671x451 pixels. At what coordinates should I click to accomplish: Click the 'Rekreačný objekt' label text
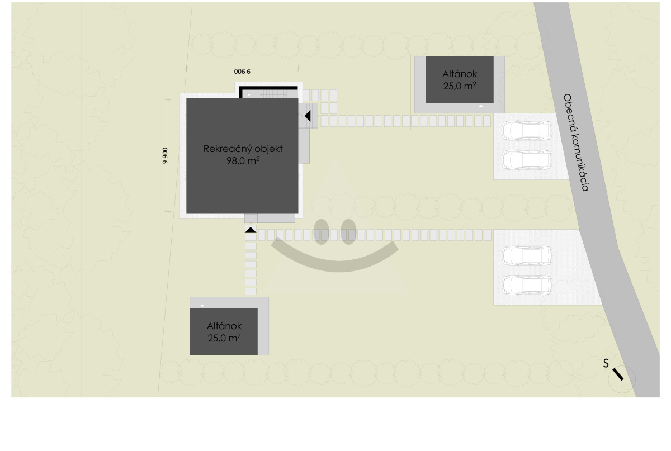pyautogui.click(x=243, y=149)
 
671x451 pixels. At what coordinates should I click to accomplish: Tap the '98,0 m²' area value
pyautogui.click(x=243, y=161)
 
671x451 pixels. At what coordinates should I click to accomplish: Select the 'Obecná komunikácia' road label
pyautogui.click(x=575, y=143)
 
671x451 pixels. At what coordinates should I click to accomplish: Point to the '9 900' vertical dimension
pyautogui.click(x=165, y=156)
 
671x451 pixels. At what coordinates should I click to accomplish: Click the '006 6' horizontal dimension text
pyautogui.click(x=242, y=72)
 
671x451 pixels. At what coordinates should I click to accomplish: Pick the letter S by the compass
pyautogui.click(x=606, y=363)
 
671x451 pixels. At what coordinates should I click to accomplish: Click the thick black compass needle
pyautogui.click(x=618, y=374)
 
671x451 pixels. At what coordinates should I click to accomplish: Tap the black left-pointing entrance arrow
pyautogui.click(x=308, y=116)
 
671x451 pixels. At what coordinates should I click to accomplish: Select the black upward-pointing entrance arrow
pyautogui.click(x=251, y=230)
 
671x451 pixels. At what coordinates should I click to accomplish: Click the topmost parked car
pyautogui.click(x=527, y=131)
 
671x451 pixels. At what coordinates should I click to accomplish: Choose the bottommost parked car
pyautogui.click(x=527, y=285)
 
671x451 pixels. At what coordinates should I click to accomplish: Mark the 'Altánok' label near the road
pyautogui.click(x=460, y=74)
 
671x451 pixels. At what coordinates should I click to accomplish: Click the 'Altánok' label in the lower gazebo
pyautogui.click(x=224, y=326)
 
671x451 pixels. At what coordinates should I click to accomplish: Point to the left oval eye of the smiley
pyautogui.click(x=321, y=232)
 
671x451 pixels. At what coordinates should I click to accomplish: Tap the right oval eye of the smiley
pyautogui.click(x=348, y=232)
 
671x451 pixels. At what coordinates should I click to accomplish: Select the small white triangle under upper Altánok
pyautogui.click(x=481, y=106)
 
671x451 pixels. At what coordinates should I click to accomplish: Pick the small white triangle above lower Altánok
pyautogui.click(x=202, y=306)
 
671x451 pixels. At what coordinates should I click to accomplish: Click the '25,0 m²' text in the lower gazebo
pyautogui.click(x=224, y=338)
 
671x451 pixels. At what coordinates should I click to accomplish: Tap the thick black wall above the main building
pyautogui.click(x=268, y=89)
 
